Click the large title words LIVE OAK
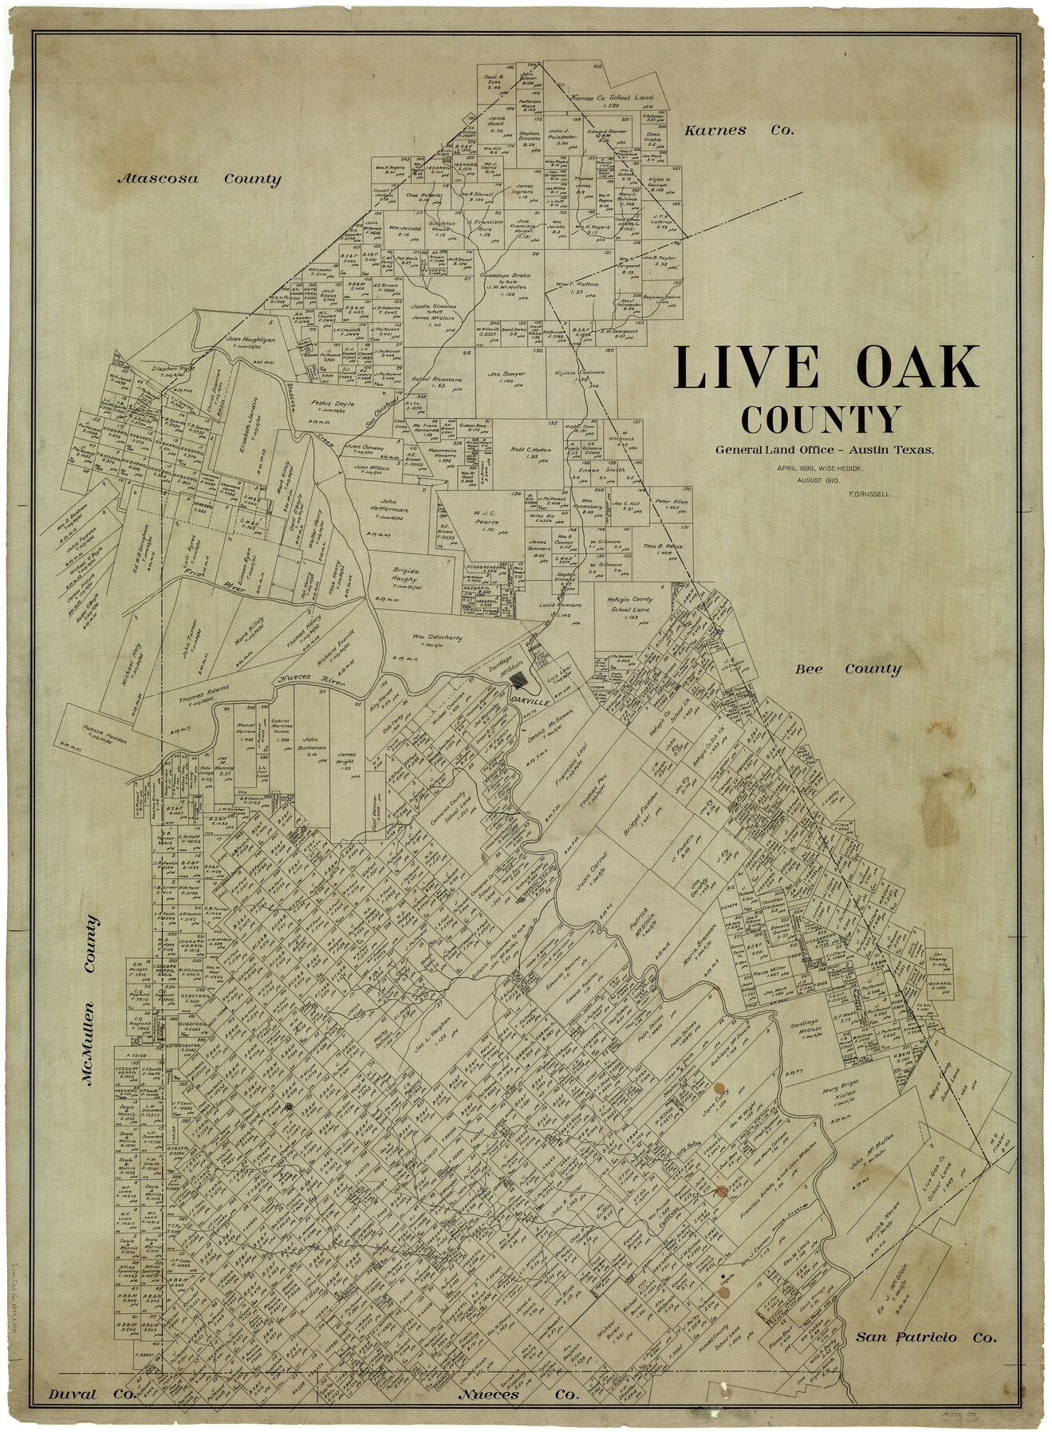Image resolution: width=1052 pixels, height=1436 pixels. [826, 368]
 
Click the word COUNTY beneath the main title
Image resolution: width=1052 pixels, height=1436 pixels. [822, 419]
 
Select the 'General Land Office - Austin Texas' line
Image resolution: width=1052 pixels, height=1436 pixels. [824, 450]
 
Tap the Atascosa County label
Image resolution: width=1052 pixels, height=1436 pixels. [199, 179]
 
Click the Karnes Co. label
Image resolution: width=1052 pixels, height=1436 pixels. [739, 130]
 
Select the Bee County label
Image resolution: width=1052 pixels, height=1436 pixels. [847, 669]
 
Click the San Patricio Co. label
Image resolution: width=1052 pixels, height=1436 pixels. [925, 1337]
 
